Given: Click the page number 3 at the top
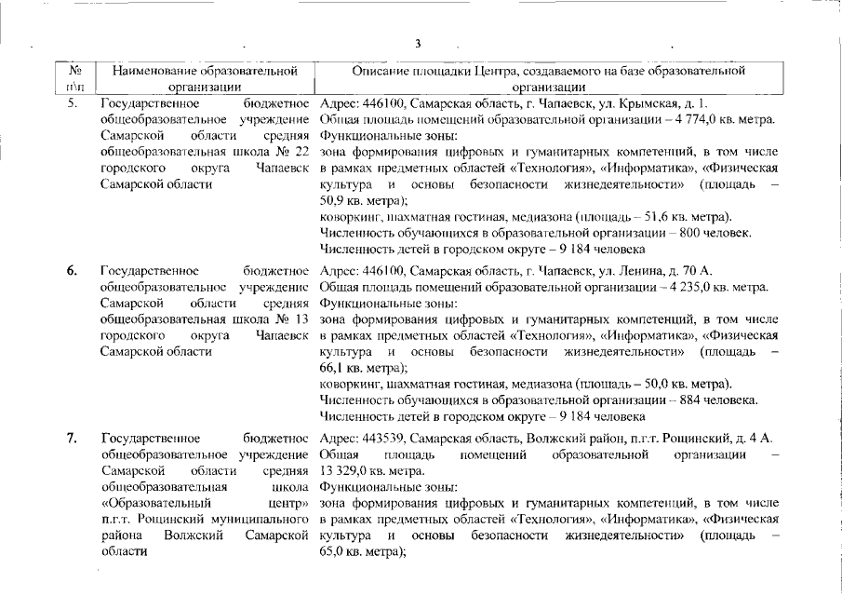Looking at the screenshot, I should [418, 43].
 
